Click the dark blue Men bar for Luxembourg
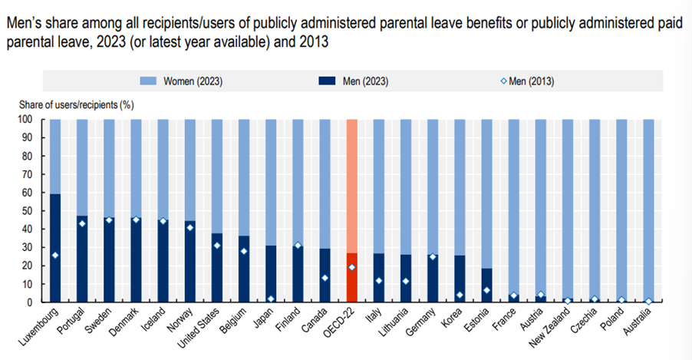coord(54,249)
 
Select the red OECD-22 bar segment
coord(351,277)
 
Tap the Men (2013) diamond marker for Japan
coord(271,299)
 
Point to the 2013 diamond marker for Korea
coord(460,295)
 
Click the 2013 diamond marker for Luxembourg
coord(54,255)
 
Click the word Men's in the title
coord(24,24)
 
